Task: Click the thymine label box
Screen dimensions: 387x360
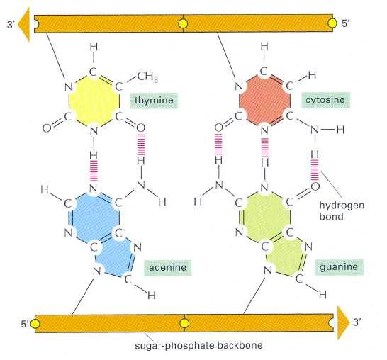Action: point(154,101)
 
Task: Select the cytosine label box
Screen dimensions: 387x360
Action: point(325,100)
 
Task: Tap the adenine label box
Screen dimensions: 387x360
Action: point(167,267)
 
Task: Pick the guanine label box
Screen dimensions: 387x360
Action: point(339,267)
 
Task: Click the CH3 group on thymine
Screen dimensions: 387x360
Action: point(147,77)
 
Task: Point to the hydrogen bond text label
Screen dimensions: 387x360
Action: point(342,211)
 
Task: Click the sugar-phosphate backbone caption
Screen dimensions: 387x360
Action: point(198,345)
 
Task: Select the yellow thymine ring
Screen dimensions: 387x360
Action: point(94,101)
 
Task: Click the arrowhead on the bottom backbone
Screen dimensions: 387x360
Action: point(343,323)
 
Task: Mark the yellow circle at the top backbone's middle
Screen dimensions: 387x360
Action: point(183,24)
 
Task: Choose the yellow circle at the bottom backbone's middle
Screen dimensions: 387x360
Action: point(184,323)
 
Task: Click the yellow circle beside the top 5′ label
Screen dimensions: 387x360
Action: point(332,23)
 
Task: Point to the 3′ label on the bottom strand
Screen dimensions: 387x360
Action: point(357,322)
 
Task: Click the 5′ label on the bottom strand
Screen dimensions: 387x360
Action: point(25,323)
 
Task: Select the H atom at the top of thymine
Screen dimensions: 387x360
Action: point(94,47)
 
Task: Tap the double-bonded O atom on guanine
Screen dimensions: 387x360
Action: point(315,186)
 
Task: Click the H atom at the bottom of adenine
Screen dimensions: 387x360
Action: point(152,295)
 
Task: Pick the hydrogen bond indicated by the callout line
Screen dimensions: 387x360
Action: point(315,170)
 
